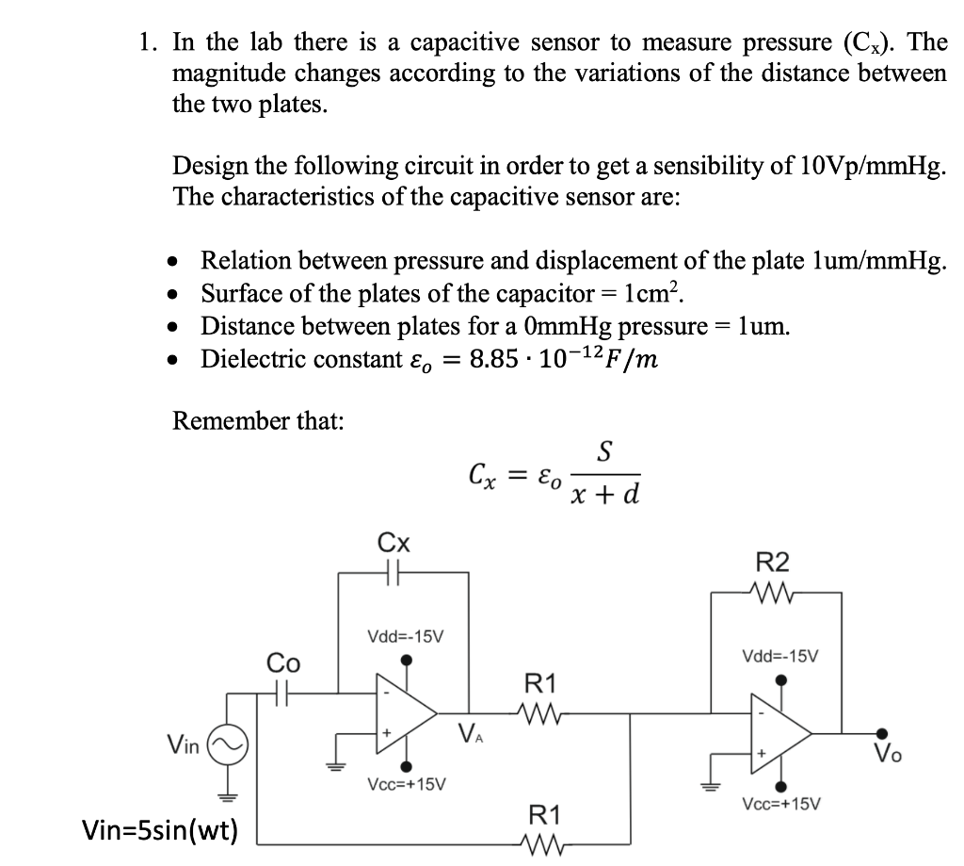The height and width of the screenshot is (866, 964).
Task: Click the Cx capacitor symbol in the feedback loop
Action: pyautogui.click(x=394, y=573)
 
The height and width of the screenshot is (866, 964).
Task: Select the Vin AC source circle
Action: pyautogui.click(x=228, y=744)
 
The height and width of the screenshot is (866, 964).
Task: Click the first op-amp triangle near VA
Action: pyautogui.click(x=407, y=714)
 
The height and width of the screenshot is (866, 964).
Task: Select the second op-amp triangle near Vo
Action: pyautogui.click(x=780, y=734)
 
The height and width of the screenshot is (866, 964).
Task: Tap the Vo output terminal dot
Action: pyautogui.click(x=882, y=733)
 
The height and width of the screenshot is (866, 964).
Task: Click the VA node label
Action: pyautogui.click(x=471, y=733)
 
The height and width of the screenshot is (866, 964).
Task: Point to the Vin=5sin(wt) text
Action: pyautogui.click(x=160, y=830)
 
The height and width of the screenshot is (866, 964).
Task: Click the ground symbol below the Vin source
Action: pyautogui.click(x=228, y=796)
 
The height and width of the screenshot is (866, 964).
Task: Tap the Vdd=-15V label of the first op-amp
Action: pyautogui.click(x=405, y=636)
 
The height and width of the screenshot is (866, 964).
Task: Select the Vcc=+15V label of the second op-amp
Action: pyautogui.click(x=781, y=804)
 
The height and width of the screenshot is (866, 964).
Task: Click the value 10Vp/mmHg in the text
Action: pyautogui.click(x=873, y=166)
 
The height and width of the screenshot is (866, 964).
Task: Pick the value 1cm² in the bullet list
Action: pyautogui.click(x=653, y=293)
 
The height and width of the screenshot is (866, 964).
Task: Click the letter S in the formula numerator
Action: pyautogui.click(x=605, y=451)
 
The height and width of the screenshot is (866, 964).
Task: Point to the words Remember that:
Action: pyautogui.click(x=258, y=421)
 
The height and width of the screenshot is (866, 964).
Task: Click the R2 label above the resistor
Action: pyautogui.click(x=772, y=562)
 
